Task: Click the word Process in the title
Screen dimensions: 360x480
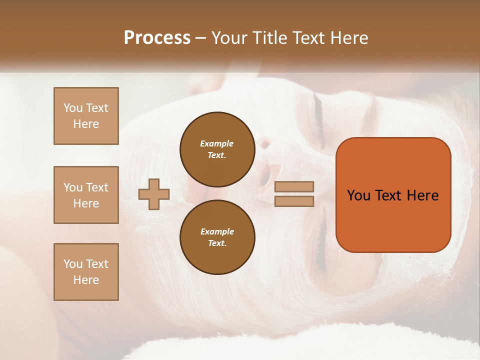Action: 157,38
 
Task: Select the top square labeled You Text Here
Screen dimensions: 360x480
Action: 86,116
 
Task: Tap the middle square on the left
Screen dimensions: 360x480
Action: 86,195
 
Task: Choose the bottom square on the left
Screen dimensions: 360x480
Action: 86,272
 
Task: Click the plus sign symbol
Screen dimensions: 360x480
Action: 154,194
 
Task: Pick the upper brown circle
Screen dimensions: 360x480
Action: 217,149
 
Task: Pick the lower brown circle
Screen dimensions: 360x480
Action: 217,237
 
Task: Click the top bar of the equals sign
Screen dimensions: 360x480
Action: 294,186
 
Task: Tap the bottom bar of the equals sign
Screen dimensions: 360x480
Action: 294,201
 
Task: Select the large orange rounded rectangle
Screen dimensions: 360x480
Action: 393,195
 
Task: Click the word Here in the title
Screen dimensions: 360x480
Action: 348,38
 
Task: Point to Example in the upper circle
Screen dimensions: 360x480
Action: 217,143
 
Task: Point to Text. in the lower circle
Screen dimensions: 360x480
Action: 217,243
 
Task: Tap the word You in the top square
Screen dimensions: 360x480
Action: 73,108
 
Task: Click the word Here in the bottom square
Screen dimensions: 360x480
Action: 86,280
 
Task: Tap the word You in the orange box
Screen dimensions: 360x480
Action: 358,195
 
